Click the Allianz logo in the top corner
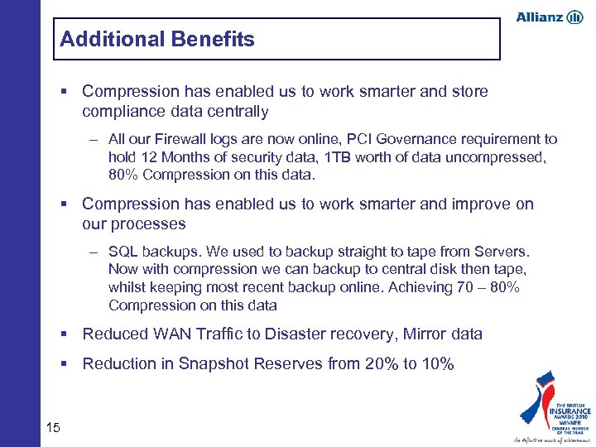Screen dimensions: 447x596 click(x=549, y=17)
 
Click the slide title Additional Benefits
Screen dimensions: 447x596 click(x=157, y=39)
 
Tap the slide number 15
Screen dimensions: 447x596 click(x=54, y=427)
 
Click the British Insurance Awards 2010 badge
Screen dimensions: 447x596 click(x=553, y=406)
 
